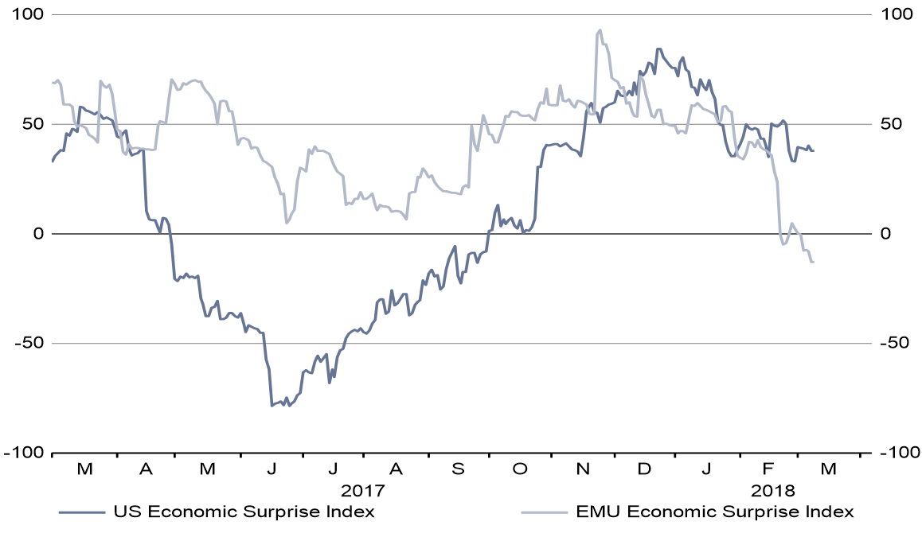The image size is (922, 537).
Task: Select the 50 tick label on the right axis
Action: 886,124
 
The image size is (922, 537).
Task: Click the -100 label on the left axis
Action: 24,453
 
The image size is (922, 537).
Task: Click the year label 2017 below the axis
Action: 363,489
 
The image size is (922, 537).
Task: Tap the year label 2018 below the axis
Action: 772,489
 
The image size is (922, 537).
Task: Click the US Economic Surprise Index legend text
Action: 244,512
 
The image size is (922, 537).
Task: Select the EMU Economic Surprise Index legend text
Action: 714,512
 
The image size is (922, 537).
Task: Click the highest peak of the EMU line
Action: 600,30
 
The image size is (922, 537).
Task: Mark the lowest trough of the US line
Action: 272,406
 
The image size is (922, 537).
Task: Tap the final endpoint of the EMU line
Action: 813,262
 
